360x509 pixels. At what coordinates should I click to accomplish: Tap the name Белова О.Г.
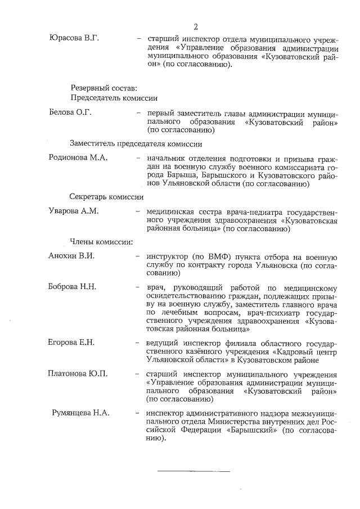[70, 112]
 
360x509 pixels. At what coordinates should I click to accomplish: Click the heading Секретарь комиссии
[106, 197]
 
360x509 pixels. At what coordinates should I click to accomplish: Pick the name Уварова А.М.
[74, 211]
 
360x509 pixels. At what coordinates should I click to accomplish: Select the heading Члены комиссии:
[101, 242]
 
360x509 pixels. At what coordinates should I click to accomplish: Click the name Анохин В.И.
[71, 256]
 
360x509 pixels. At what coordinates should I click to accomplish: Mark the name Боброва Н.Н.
[73, 287]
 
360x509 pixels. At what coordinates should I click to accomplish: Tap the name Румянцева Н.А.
[80, 413]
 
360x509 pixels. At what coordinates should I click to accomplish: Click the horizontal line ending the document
[193, 470]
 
